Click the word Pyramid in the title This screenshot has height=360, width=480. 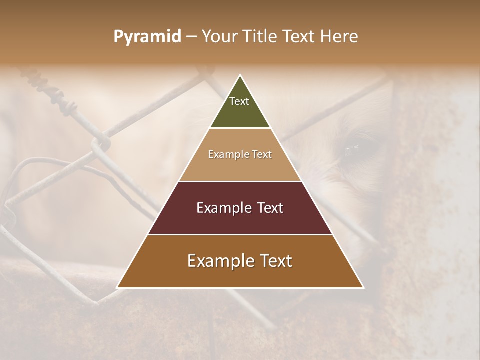tap(147, 37)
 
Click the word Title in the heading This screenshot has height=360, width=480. tap(259, 37)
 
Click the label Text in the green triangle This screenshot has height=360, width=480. tap(239, 101)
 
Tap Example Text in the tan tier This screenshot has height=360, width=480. tap(240, 154)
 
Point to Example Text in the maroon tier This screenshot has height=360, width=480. tap(240, 208)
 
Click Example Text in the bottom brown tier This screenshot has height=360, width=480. tap(240, 261)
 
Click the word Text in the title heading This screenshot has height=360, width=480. tap(300, 37)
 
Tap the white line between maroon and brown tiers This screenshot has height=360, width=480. tap(240, 234)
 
